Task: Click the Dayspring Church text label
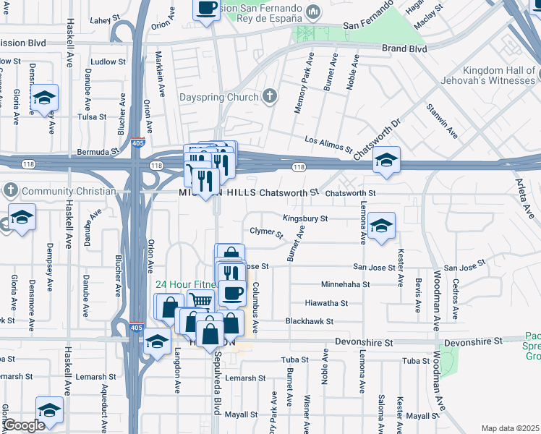(x=218, y=97)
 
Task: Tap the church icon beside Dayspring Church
(x=270, y=95)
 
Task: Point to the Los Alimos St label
(x=328, y=145)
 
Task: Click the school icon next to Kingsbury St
(x=381, y=226)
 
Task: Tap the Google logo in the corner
(x=24, y=425)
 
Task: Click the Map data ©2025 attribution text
(x=509, y=428)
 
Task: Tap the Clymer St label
(x=266, y=232)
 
